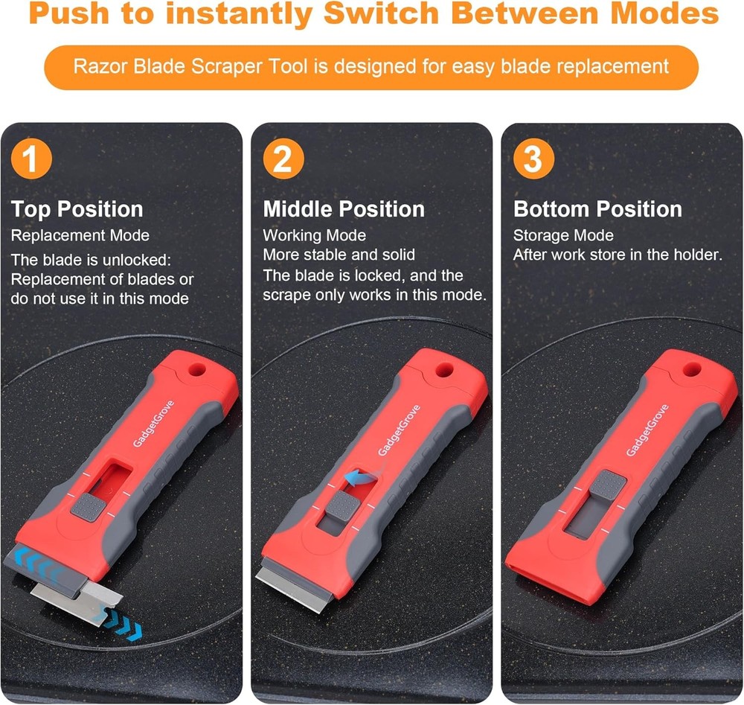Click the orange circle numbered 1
click(x=32, y=160)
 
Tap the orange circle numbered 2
click(x=283, y=160)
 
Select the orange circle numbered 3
click(x=533, y=160)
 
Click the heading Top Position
click(x=77, y=209)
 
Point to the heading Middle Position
click(x=344, y=209)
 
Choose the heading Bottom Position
click(x=597, y=209)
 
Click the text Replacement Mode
click(x=80, y=235)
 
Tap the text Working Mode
click(x=314, y=235)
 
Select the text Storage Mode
click(x=563, y=235)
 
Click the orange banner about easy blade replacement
click(x=371, y=66)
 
